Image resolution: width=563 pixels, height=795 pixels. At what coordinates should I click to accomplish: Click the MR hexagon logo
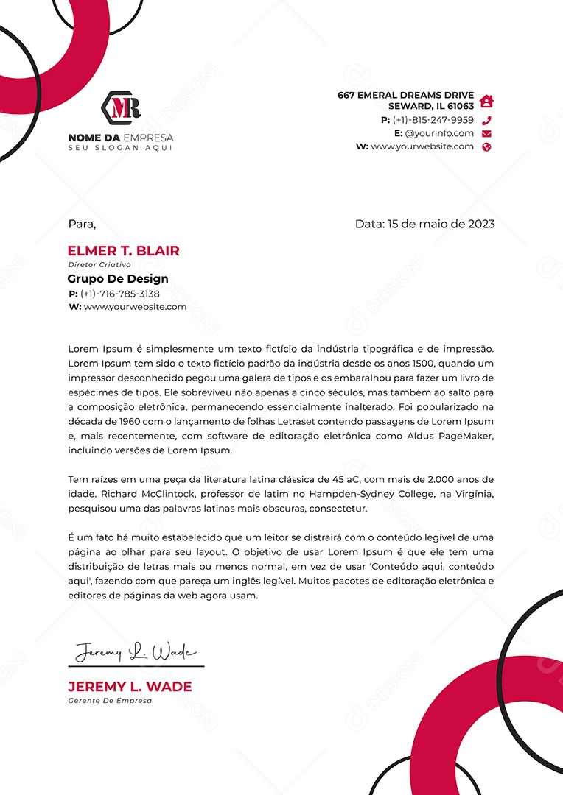point(121,107)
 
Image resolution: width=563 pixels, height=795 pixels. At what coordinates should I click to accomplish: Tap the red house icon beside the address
point(486,101)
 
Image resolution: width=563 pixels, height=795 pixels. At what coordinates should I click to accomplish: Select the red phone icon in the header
point(486,120)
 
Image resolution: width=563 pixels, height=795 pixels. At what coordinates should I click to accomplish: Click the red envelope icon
point(486,133)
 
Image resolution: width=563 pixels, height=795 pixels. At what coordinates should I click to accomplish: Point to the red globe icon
point(486,146)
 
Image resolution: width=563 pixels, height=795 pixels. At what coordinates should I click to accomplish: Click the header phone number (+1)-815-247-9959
point(433,120)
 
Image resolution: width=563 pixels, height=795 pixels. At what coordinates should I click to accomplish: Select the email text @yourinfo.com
point(439,133)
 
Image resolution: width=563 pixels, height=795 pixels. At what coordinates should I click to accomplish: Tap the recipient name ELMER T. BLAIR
point(123,251)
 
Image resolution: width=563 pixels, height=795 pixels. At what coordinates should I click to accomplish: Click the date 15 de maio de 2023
point(441,224)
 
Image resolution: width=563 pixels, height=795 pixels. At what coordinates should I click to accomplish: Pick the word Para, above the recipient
point(82,224)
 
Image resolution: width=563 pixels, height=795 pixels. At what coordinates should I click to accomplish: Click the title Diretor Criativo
point(99,264)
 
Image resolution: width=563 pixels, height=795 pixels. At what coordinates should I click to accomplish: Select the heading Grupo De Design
point(118,279)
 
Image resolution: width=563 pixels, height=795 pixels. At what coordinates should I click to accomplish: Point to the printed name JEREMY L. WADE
point(130,687)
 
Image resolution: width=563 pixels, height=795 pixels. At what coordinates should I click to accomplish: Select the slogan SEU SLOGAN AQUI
point(120,148)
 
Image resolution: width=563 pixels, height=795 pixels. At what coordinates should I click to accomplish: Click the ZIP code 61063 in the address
point(460,107)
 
